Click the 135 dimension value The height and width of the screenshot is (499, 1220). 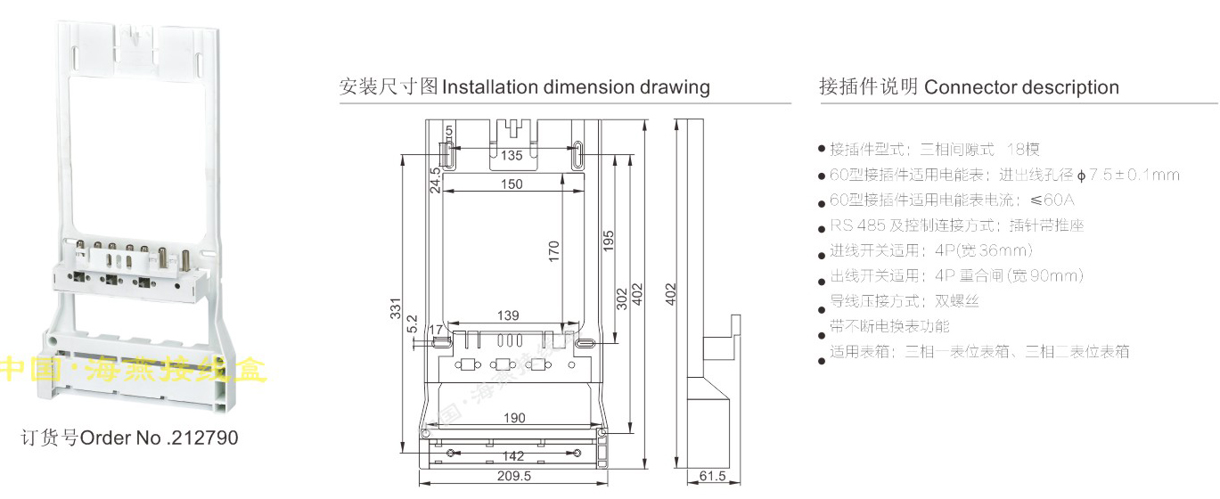(x=511, y=156)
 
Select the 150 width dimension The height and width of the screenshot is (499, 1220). (x=511, y=184)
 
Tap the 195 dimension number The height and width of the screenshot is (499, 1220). (x=609, y=241)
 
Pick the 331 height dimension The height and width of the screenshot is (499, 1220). (x=396, y=308)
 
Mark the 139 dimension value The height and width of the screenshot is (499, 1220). (x=508, y=315)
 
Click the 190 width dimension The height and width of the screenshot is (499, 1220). (x=514, y=418)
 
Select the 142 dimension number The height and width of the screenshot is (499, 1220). (x=514, y=456)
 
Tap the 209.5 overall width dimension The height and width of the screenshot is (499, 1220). (x=514, y=477)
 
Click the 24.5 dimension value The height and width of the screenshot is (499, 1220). (x=435, y=180)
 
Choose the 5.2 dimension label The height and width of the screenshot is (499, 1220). (x=412, y=323)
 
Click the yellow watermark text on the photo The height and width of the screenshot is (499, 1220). (x=134, y=369)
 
